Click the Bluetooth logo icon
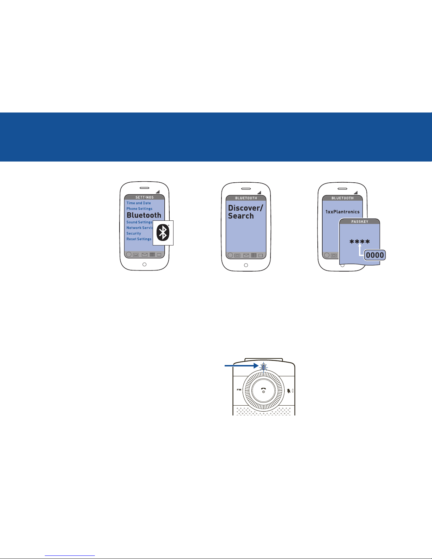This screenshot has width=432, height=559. click(163, 233)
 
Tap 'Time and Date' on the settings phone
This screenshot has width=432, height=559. click(139, 203)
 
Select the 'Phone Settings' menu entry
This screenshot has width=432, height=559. click(139, 209)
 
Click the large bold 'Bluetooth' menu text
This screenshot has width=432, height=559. click(144, 215)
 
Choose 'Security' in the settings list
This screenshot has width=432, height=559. click(134, 233)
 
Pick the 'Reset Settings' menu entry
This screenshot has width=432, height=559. click(139, 239)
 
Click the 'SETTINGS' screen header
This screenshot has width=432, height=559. click(145, 198)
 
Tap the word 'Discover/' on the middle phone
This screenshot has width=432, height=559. click(245, 208)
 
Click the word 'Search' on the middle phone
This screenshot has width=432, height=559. click(241, 216)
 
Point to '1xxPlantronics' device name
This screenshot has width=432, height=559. click(342, 212)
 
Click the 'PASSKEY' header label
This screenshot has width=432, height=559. click(360, 222)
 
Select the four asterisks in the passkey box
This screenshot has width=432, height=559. click(360, 242)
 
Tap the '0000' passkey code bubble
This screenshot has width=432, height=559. click(375, 255)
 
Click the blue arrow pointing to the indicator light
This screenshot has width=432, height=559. click(242, 366)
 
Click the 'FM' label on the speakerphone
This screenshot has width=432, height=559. click(239, 390)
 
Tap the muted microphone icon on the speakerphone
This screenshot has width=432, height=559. click(289, 391)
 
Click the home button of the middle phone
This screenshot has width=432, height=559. click(246, 265)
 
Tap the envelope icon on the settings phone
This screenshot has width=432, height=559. click(145, 255)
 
